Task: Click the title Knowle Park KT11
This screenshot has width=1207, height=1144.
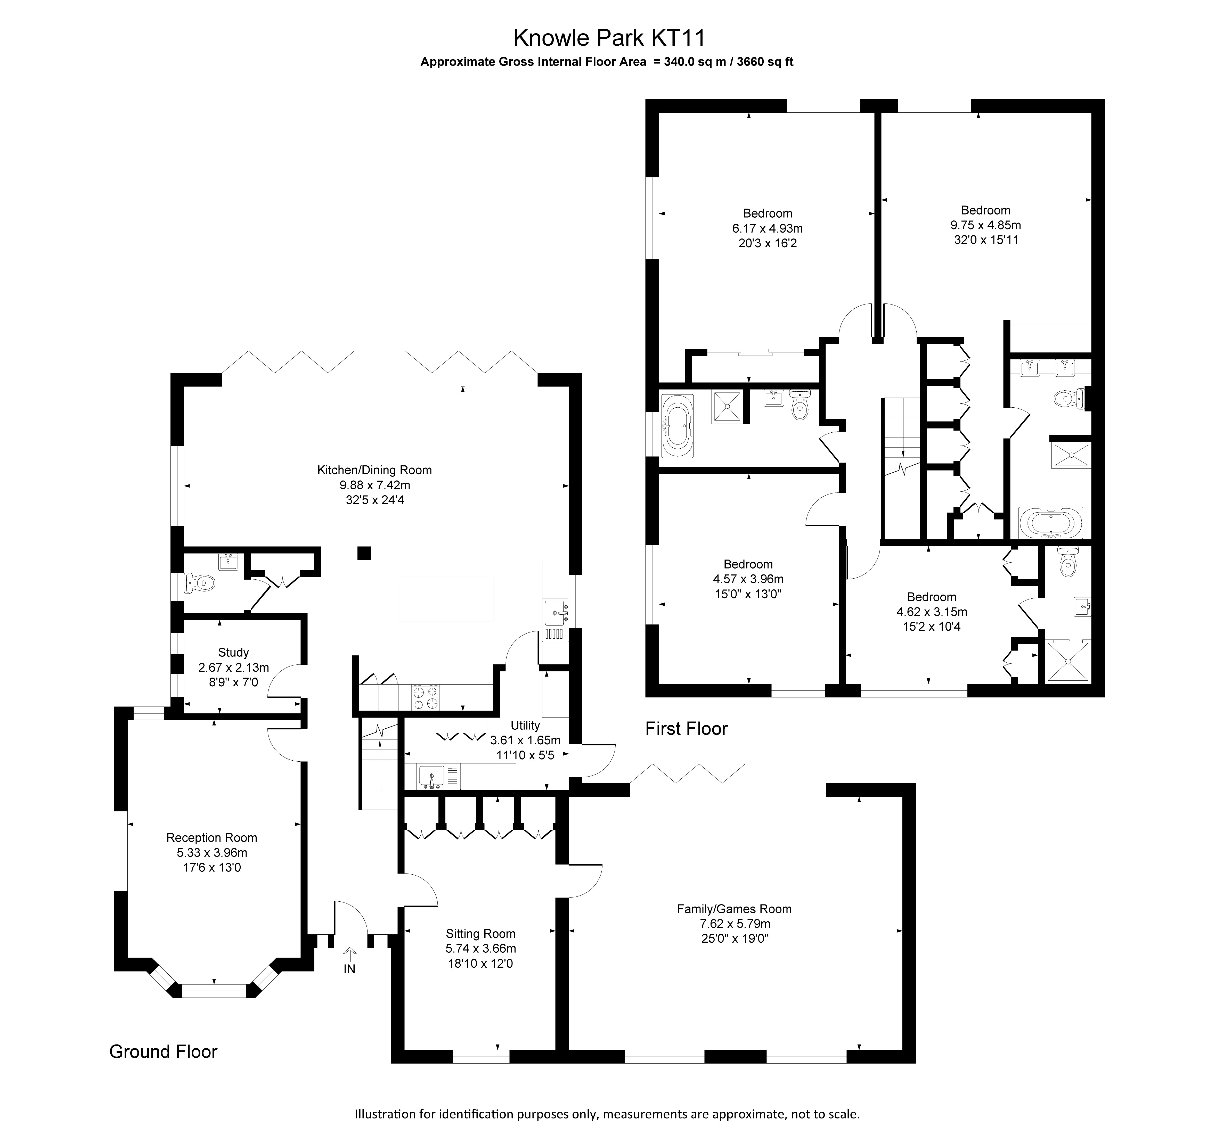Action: pyautogui.click(x=609, y=38)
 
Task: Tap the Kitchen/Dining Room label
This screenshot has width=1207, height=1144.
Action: pyautogui.click(x=374, y=470)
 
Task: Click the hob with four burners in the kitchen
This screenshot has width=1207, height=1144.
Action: pyautogui.click(x=426, y=698)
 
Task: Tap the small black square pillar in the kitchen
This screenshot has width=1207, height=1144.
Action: pyautogui.click(x=364, y=553)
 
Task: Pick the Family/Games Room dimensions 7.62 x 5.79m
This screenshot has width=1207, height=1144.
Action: pyautogui.click(x=734, y=923)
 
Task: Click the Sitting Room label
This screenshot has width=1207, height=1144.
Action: pyautogui.click(x=480, y=934)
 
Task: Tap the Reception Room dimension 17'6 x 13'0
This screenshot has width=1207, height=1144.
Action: pyautogui.click(x=212, y=867)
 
